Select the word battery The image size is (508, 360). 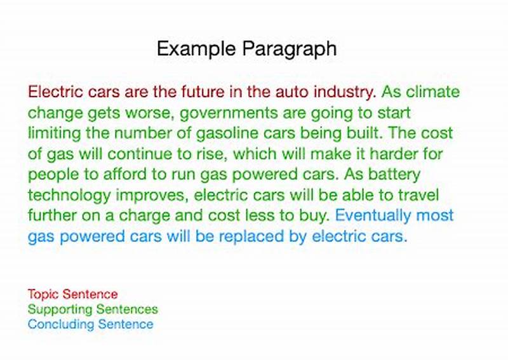[396, 175]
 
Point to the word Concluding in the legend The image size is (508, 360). [58, 324]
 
